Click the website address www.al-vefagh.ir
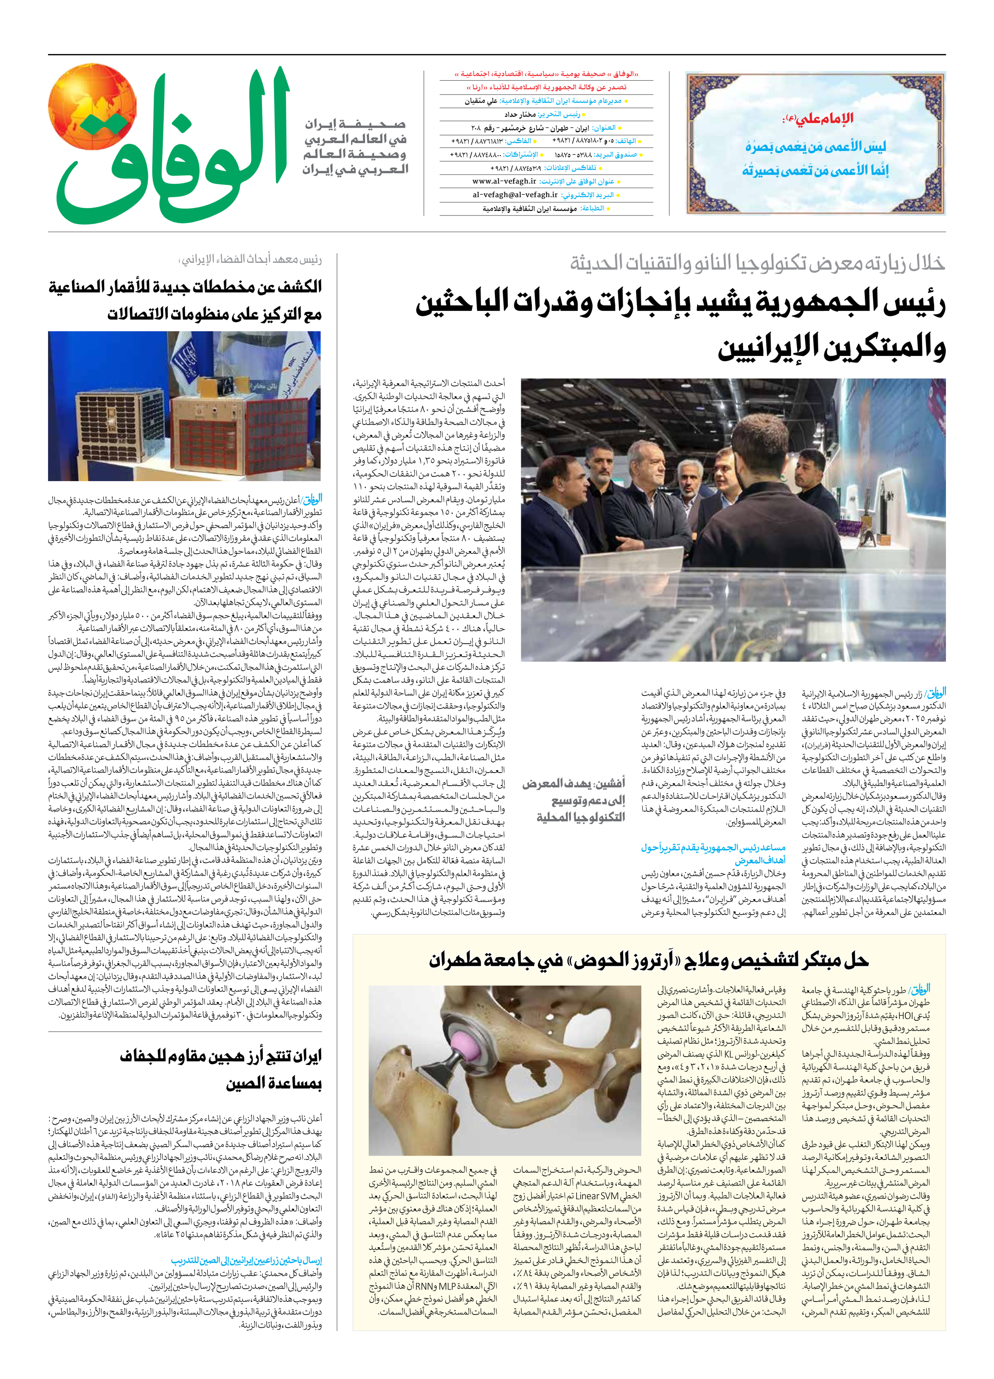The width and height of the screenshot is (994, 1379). point(504,181)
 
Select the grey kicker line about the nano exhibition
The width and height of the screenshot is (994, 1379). point(757,263)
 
